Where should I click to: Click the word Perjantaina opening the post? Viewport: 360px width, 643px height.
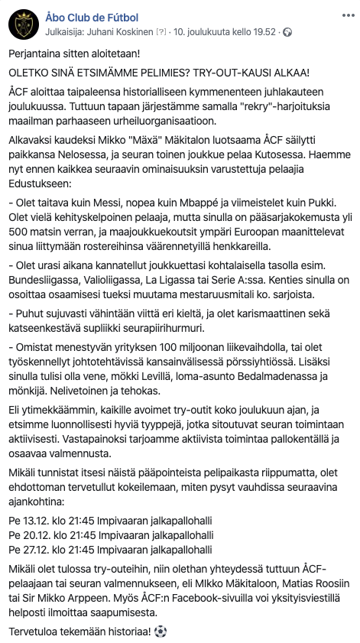coord(37,56)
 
